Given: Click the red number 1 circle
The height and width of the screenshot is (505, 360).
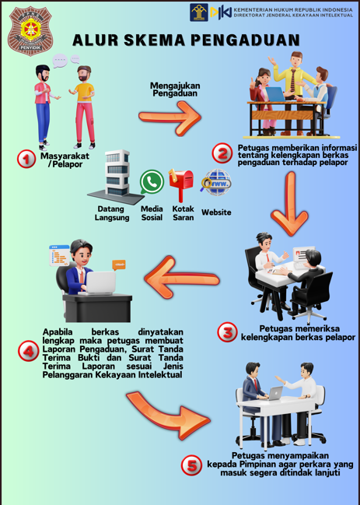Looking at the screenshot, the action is (26, 159).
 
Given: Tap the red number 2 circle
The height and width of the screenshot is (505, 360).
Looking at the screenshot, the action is (222, 153).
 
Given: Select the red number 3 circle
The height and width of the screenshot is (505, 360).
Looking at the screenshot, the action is (228, 332).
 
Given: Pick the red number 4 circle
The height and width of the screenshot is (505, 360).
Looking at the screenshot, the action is (28, 351).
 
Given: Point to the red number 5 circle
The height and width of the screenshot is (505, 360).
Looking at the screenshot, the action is (191, 465).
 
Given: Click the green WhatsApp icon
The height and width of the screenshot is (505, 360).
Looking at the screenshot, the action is (152, 181).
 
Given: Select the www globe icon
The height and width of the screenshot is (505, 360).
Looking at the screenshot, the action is (216, 182).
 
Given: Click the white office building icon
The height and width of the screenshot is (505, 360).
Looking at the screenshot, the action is (116, 177).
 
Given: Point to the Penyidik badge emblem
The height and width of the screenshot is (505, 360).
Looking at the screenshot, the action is (30, 30).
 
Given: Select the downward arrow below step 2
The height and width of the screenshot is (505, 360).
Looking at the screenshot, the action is (289, 203).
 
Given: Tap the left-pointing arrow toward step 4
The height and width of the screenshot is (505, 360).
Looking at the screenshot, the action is (182, 276).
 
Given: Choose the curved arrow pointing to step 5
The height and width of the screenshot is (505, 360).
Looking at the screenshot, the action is (167, 415).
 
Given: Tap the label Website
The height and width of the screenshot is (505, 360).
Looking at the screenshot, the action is (216, 212).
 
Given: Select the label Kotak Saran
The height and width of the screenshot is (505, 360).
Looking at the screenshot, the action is (183, 213).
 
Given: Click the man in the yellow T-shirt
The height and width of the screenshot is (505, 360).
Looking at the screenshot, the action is (83, 107).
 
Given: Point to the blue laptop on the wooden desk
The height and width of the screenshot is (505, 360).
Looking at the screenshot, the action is (276, 94).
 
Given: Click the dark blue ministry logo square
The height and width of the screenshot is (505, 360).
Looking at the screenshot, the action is (199, 12).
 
